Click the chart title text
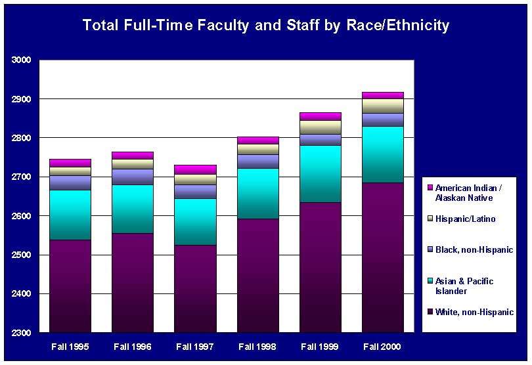click(265, 26)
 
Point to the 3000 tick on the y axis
click(22, 60)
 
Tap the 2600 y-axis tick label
click(22, 216)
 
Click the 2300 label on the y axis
click(22, 333)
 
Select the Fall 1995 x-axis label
click(70, 346)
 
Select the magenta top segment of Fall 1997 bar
click(196, 169)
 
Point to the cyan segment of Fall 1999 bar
click(321, 173)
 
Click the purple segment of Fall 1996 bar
click(133, 282)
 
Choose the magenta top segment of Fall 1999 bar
click(321, 116)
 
